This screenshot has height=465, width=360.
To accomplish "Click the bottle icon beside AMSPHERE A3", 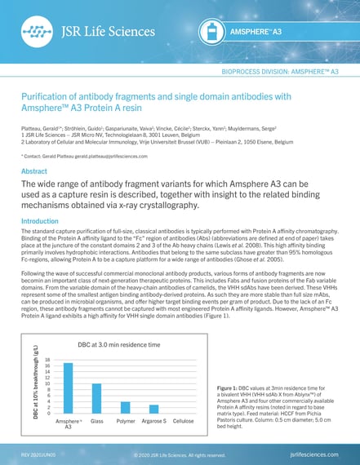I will click(211, 31).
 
